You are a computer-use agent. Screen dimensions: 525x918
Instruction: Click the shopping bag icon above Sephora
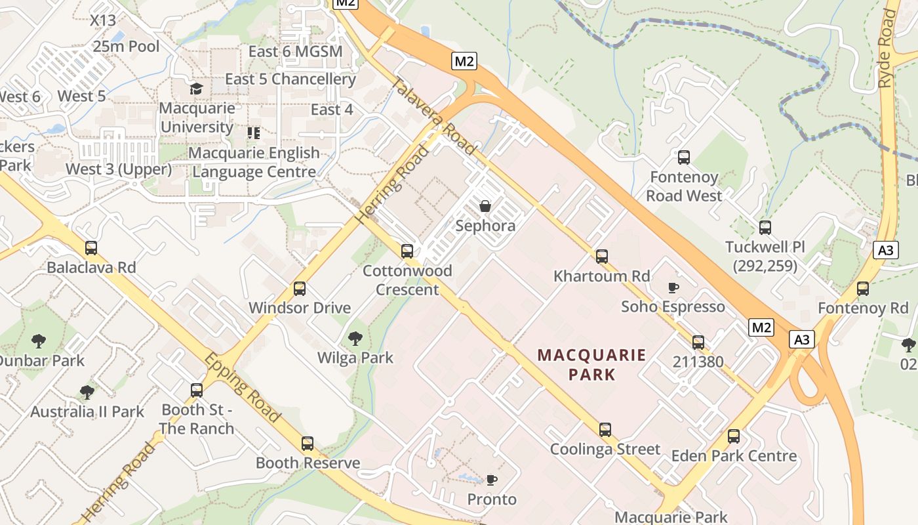tap(485, 206)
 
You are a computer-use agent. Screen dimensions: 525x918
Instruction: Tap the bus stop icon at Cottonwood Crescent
tap(407, 251)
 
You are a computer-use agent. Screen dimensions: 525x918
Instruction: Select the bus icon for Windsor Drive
tap(300, 288)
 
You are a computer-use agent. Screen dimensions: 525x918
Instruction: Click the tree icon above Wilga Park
tap(355, 338)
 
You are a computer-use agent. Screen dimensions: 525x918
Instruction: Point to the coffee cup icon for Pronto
tap(492, 480)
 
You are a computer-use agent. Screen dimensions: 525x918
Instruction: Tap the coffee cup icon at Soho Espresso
tap(673, 287)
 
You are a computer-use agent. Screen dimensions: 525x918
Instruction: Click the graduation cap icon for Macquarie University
tap(196, 89)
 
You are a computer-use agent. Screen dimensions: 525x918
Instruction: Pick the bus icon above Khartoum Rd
tap(602, 256)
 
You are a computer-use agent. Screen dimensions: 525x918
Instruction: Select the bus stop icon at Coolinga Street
tap(605, 430)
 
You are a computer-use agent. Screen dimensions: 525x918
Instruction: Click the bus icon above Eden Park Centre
tap(734, 436)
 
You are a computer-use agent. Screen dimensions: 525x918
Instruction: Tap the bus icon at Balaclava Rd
tap(91, 248)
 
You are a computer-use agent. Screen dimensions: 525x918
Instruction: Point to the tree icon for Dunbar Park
tap(39, 341)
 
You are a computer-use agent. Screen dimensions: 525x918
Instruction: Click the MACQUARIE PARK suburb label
tap(592, 365)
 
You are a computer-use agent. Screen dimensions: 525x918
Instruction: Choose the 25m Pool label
tap(126, 46)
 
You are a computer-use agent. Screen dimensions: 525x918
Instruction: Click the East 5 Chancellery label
tap(290, 79)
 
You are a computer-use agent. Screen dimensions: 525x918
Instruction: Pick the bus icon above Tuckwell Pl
tap(765, 228)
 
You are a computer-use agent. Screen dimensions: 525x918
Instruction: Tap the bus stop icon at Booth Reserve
tap(308, 443)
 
